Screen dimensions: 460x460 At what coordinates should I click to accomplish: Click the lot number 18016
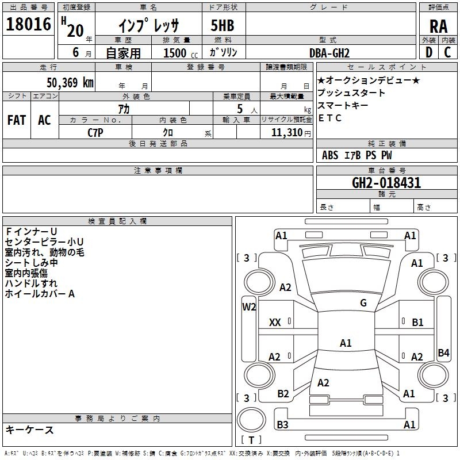tap(28, 24)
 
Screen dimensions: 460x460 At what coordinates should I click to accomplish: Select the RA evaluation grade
tap(438, 26)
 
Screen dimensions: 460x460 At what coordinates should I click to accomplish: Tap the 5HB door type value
tap(223, 25)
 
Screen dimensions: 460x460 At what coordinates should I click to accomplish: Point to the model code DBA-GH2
tap(329, 53)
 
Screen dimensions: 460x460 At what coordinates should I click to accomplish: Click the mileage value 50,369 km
tap(70, 82)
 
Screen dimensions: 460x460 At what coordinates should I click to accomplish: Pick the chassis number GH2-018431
tap(386, 183)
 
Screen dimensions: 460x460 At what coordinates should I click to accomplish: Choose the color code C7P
tap(95, 133)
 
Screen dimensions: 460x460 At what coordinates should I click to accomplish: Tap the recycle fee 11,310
tap(287, 133)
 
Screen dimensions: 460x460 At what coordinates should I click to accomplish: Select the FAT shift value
tap(17, 120)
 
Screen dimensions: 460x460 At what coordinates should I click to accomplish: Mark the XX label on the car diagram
tap(275, 323)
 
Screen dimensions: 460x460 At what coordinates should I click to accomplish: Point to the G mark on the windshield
tap(363, 302)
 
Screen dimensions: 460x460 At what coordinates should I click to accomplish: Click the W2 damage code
tap(249, 307)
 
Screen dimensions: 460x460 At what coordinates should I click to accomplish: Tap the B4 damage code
tap(443, 352)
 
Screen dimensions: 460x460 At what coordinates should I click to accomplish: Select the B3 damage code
tap(282, 424)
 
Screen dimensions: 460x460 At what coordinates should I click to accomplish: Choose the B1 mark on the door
tap(417, 323)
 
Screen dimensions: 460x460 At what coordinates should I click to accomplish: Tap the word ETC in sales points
tap(329, 118)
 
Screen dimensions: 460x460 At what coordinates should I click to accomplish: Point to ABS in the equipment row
tap(330, 155)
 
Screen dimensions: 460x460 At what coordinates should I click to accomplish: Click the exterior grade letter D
tap(429, 52)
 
